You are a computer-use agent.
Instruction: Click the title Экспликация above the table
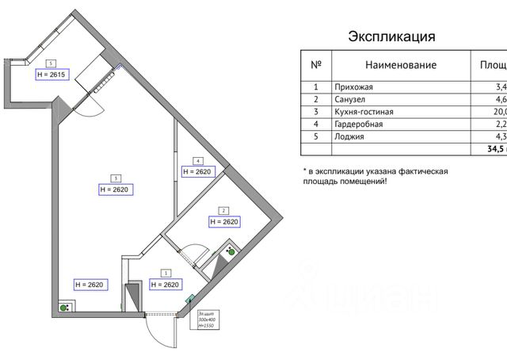(x=392, y=36)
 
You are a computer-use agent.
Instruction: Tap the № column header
(x=315, y=64)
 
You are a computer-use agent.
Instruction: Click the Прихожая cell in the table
(x=353, y=87)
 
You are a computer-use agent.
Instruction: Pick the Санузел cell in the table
(x=351, y=100)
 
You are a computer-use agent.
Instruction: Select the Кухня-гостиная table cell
(x=363, y=112)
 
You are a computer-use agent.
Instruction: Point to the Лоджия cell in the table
(x=349, y=136)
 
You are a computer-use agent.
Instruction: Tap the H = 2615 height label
(x=53, y=75)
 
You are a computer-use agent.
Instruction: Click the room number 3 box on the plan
(x=116, y=178)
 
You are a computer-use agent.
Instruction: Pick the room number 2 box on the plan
(x=224, y=210)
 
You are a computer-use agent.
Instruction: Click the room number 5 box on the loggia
(x=51, y=62)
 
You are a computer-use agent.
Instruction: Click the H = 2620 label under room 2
(x=224, y=222)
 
